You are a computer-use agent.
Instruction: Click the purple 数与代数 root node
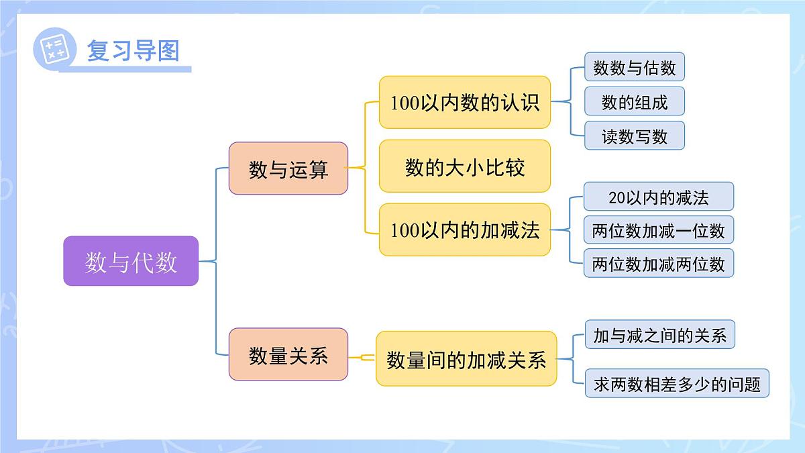tap(131, 261)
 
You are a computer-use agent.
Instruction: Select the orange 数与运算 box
tap(288, 168)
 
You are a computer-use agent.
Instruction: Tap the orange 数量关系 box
tap(288, 354)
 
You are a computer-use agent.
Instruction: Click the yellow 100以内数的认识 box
tap(465, 102)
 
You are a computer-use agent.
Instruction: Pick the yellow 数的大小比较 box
tap(465, 166)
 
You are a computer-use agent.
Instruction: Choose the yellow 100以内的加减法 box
tap(465, 230)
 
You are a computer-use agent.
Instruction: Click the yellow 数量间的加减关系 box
tap(466, 358)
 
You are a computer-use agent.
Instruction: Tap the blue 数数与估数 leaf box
tap(634, 67)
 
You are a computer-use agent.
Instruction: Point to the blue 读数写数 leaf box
tap(634, 136)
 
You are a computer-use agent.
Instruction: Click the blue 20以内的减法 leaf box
tap(658, 197)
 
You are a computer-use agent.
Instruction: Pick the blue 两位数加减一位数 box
tap(658, 230)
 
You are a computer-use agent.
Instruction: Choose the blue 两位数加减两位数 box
tap(658, 263)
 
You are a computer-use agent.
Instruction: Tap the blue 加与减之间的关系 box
tap(659, 334)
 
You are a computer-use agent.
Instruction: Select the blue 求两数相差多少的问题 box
tap(676, 383)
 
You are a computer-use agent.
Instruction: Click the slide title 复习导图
tap(133, 50)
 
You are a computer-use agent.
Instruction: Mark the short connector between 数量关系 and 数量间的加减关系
tap(362, 357)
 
